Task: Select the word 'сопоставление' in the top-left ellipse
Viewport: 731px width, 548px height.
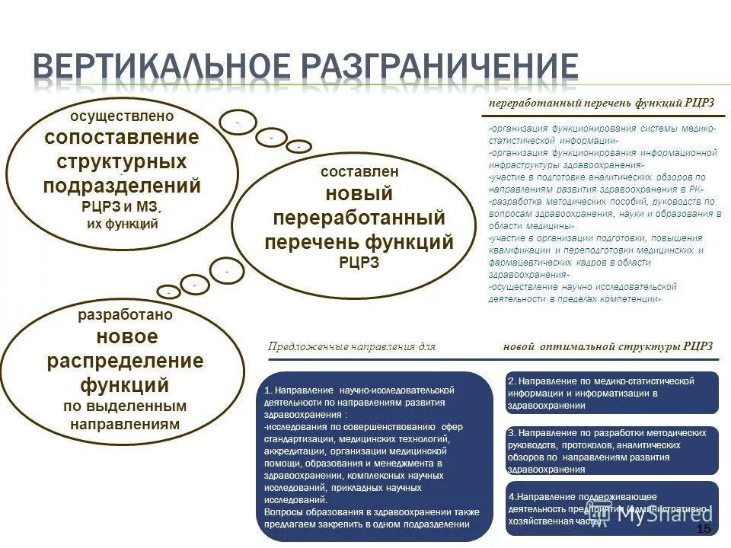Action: coord(122,138)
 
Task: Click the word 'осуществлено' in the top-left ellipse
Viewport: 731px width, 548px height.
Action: coord(122,116)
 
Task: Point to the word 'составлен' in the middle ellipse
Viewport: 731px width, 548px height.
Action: coord(359,172)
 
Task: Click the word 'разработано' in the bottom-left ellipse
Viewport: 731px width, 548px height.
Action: coord(126,314)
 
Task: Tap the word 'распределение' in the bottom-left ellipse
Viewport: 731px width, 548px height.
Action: coord(126,361)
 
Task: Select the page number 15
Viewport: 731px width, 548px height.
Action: coord(704,529)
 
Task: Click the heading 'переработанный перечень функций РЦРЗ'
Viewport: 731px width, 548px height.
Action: coord(601,103)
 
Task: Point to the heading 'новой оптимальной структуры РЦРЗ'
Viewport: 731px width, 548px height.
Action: coord(608,346)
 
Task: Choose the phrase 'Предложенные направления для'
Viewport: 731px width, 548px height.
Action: coord(351,346)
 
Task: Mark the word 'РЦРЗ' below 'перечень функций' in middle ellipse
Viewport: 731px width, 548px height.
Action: coord(359,263)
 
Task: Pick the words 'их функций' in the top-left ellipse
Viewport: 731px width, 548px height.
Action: coord(122,224)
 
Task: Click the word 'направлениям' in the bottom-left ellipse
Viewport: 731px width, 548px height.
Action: coord(126,424)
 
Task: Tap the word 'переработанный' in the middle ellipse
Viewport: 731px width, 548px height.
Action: coord(359,218)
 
